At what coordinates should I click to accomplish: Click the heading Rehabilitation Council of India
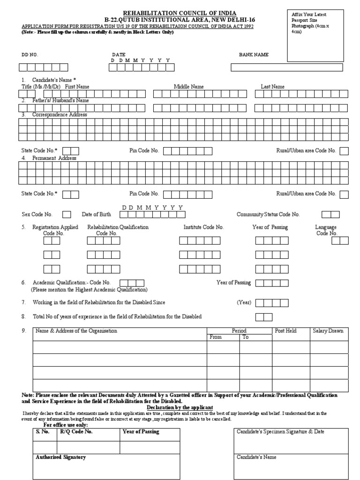[x=180, y=13]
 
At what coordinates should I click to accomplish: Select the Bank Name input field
[x=286, y=67]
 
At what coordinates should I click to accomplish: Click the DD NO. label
[x=30, y=55]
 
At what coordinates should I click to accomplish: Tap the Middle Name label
[x=188, y=87]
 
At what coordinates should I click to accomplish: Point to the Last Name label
[x=272, y=87]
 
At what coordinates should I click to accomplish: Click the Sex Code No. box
[x=67, y=215]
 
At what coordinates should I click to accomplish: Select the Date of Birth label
[x=97, y=215]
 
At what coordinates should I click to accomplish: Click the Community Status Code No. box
[x=330, y=215]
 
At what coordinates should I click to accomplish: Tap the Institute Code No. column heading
[x=203, y=227]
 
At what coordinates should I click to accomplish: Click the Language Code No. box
[x=340, y=240]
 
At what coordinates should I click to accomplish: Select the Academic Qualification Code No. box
[x=132, y=283]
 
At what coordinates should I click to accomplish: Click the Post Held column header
[x=285, y=331]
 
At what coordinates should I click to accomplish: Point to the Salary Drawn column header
[x=328, y=331]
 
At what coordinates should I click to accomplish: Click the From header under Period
[x=216, y=337]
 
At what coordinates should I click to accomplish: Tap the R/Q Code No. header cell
[x=75, y=432]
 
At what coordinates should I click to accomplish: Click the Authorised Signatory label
[x=61, y=457]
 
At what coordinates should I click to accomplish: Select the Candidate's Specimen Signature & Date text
[x=280, y=432]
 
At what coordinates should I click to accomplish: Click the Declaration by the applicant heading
[x=180, y=407]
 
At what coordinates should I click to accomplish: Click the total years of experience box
[x=263, y=317]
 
